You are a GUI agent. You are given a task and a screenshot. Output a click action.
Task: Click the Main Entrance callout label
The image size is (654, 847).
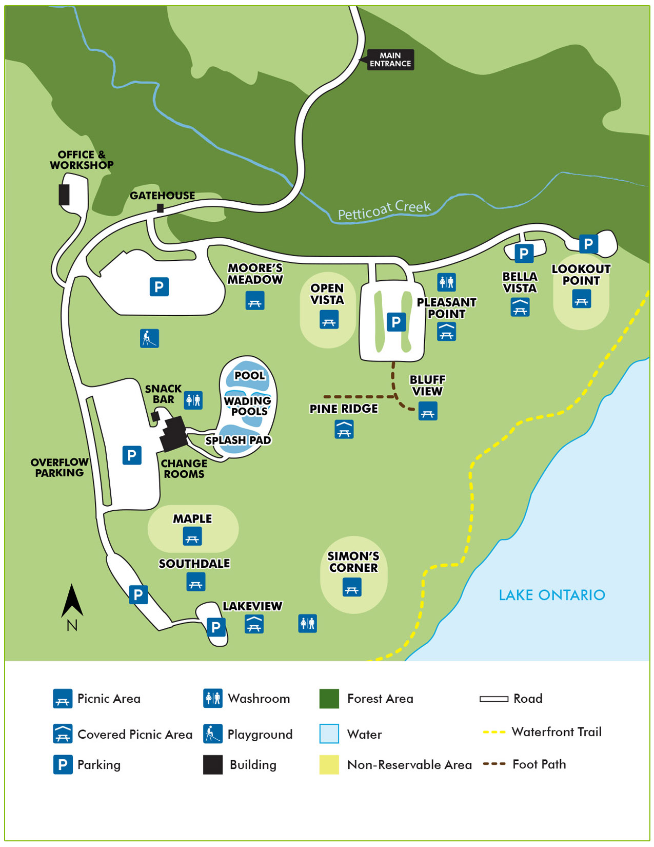tap(390, 60)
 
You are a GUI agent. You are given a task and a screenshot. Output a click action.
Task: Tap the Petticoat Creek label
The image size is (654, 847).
tap(384, 209)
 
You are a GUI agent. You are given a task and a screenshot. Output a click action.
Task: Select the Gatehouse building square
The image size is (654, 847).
tap(161, 208)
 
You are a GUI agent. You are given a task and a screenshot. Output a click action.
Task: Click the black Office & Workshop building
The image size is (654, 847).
tap(64, 195)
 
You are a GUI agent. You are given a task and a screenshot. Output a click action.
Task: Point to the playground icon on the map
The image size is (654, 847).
tap(149, 338)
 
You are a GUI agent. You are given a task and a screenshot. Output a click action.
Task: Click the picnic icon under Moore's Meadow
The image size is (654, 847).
tap(255, 301)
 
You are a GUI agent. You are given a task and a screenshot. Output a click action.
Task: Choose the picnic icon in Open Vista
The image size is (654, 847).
tap(329, 319)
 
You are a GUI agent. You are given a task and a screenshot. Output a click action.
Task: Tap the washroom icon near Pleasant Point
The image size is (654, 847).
tap(447, 282)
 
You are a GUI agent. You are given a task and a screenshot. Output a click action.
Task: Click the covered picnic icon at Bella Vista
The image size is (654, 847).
tap(520, 307)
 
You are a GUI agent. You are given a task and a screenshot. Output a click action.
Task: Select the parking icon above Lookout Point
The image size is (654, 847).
tap(588, 244)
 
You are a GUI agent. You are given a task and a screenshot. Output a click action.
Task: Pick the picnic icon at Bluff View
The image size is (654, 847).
tap(428, 411)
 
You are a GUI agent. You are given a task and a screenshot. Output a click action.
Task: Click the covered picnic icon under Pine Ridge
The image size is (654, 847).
tap(344, 429)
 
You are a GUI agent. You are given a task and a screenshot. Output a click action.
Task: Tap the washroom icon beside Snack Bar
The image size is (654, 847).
tap(193, 400)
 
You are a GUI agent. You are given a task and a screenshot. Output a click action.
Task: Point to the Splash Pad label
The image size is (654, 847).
tap(239, 440)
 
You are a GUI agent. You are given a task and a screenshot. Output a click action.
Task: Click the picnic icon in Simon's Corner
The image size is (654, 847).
tap(352, 587)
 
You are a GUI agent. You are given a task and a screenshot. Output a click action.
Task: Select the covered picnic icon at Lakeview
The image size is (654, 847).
tap(254, 624)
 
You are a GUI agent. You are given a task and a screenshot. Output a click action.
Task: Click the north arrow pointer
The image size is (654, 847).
tap(72, 601)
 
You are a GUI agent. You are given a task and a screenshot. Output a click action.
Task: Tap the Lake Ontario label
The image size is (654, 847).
tap(552, 595)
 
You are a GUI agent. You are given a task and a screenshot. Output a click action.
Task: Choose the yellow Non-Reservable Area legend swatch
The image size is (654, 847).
tap(329, 764)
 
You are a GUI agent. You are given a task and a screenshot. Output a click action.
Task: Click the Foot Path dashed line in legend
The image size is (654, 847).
tap(494, 764)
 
